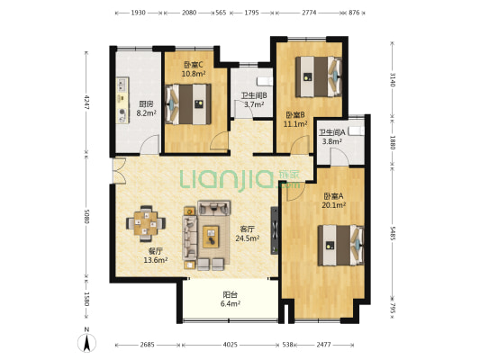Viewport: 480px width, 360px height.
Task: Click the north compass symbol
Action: (87, 340)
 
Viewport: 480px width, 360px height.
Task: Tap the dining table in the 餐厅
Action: (146, 223)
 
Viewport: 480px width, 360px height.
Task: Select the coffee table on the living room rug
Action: (211, 237)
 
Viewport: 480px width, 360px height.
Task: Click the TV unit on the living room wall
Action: (275, 230)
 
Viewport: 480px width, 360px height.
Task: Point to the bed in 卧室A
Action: (340, 246)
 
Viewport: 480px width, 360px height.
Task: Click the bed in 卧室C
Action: (188, 104)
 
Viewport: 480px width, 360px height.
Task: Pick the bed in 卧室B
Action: (319, 76)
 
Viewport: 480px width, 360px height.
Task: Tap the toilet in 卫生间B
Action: (265, 81)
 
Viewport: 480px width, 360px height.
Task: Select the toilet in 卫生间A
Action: (357, 130)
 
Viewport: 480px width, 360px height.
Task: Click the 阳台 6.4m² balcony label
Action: (231, 299)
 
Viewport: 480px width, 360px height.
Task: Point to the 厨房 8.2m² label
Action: (146, 109)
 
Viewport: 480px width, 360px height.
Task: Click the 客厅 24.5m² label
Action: (248, 233)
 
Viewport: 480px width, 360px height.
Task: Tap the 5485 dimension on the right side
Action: (392, 233)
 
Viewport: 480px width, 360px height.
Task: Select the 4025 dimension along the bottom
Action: (230, 345)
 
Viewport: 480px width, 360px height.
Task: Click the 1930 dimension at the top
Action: (138, 13)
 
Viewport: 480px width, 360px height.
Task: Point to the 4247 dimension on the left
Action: (86, 103)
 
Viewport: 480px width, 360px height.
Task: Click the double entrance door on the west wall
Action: (120, 171)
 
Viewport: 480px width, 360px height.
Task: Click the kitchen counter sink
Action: (122, 85)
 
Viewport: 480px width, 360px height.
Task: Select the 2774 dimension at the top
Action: (309, 13)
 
